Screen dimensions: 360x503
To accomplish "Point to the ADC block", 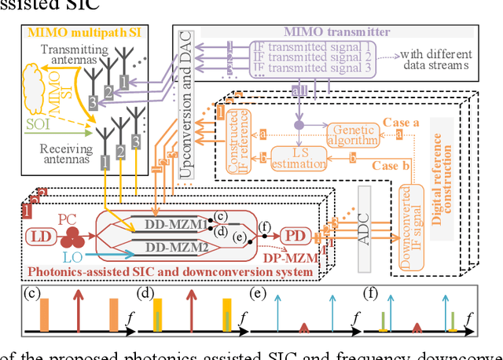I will pos(363,217).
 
